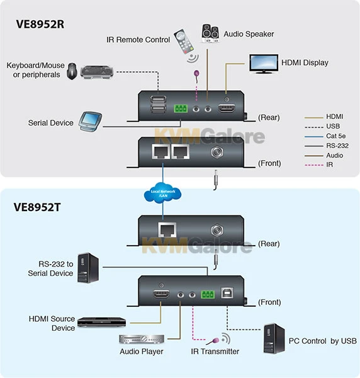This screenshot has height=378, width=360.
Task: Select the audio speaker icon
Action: point(210,33)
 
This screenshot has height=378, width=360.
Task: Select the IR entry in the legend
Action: point(329,164)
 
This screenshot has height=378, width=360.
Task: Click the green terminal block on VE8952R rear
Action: point(181,108)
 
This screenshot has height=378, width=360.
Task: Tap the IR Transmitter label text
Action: point(215,351)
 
